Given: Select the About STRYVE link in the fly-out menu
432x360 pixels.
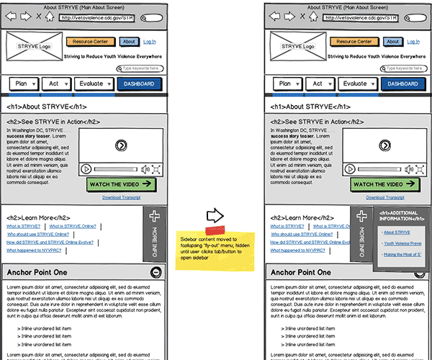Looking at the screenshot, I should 397,233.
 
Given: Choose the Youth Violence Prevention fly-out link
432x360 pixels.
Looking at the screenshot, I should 402,243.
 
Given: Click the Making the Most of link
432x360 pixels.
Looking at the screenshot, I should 402,254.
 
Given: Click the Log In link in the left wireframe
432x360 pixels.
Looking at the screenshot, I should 150,42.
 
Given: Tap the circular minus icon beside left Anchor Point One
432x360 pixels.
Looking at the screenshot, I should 156,273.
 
